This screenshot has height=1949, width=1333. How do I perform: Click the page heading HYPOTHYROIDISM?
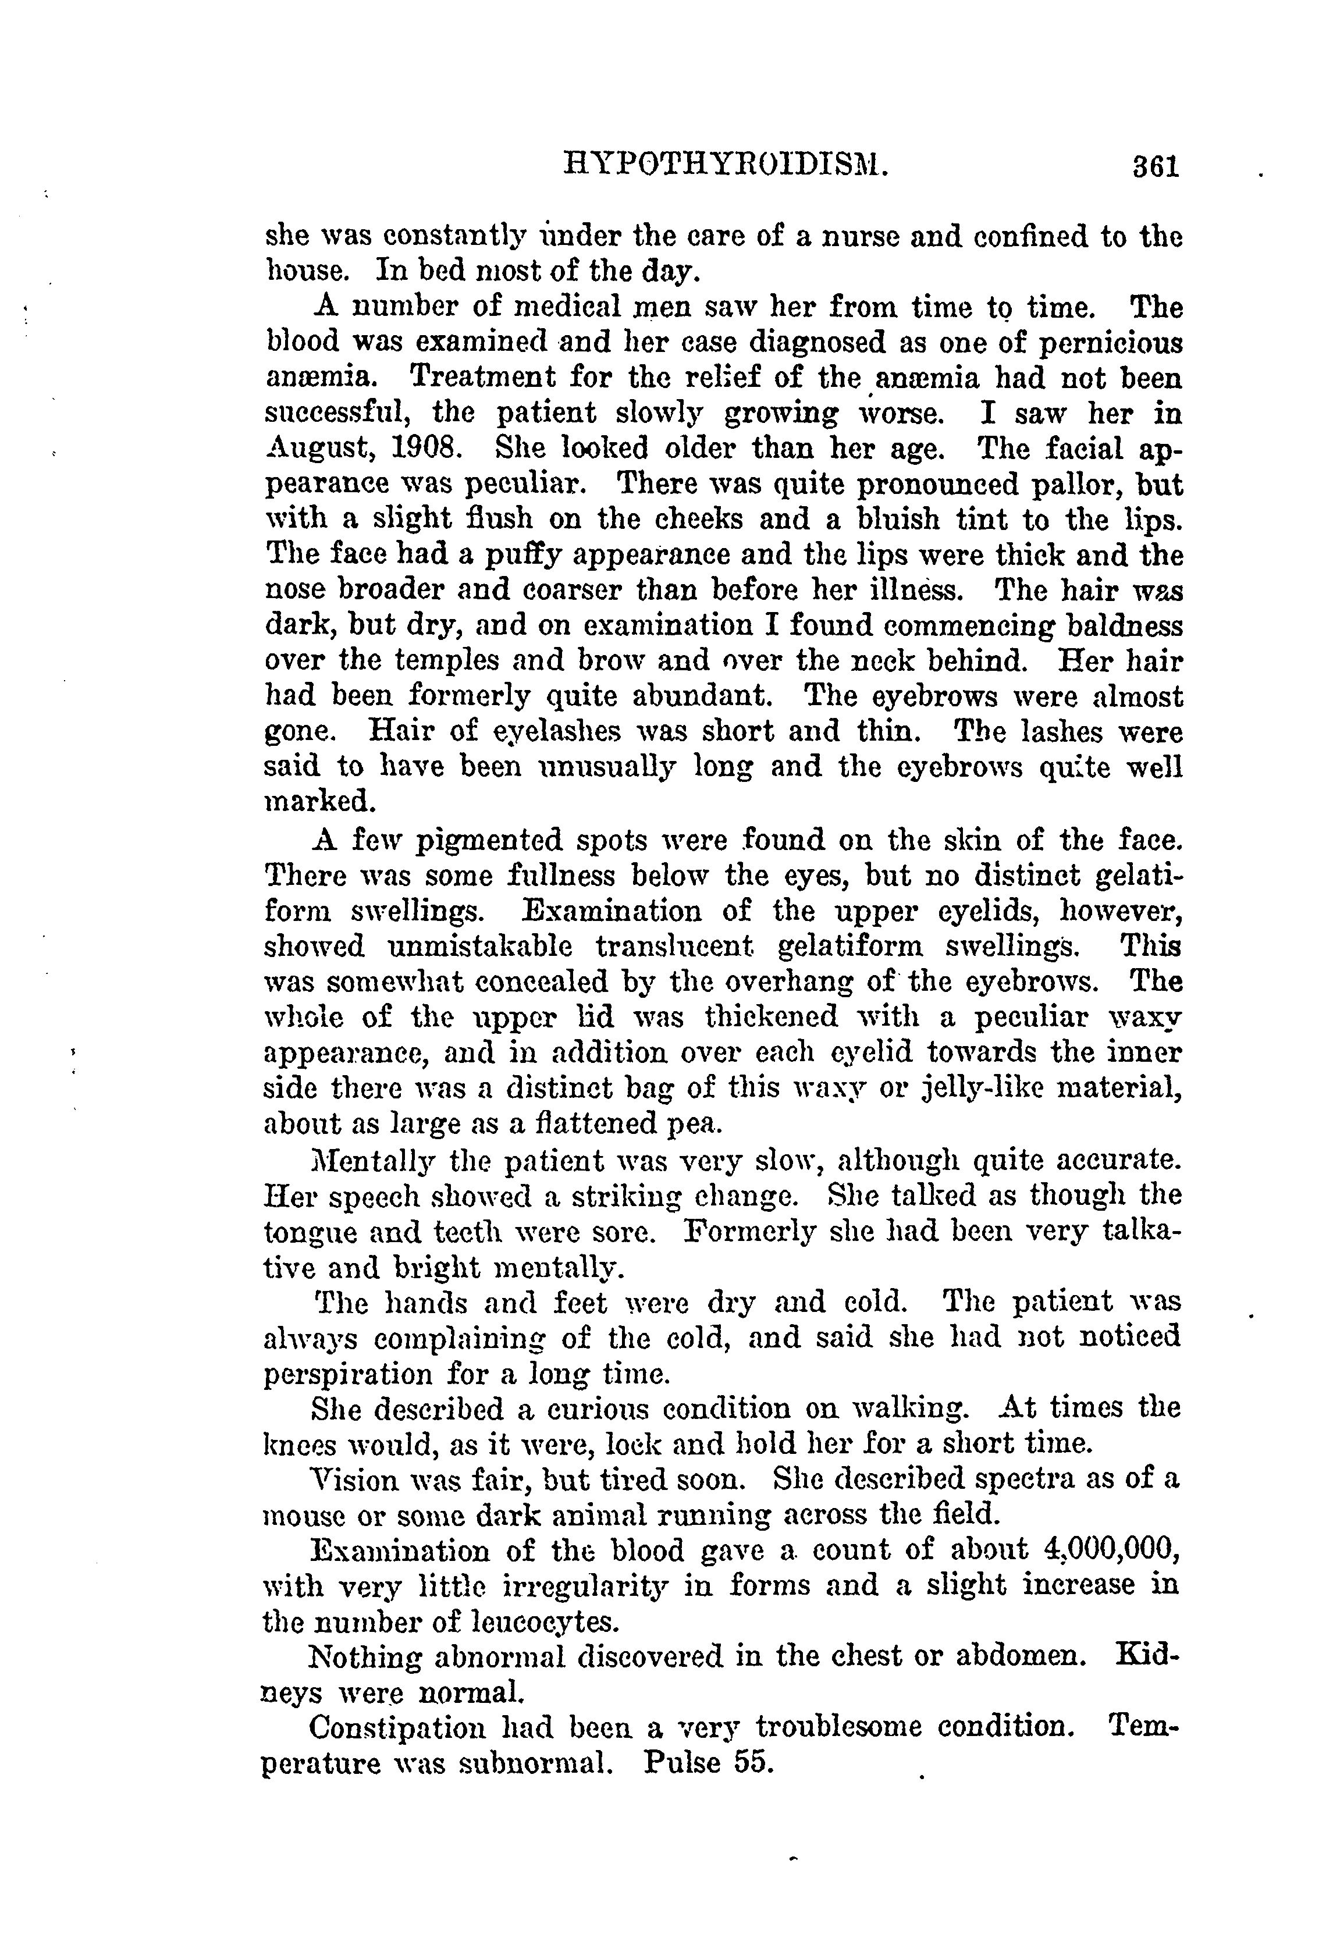tap(727, 165)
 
